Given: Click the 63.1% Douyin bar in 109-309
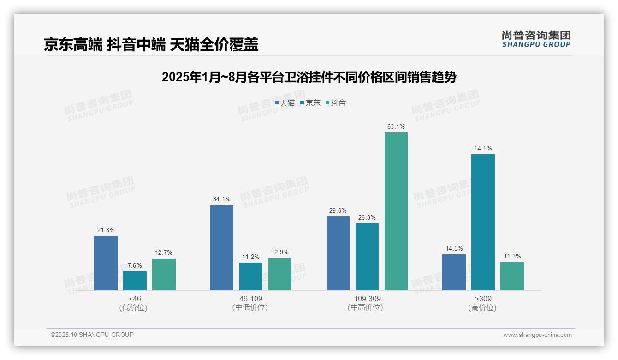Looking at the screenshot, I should click(396, 211).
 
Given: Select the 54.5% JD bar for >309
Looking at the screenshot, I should click(483, 222).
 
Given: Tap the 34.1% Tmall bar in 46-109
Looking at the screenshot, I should click(222, 248).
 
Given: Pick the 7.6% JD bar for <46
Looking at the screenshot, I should click(135, 281).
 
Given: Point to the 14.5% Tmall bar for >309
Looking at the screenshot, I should click(454, 272).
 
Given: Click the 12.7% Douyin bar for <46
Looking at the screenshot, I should click(164, 275).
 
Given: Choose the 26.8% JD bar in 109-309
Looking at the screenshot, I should click(367, 257).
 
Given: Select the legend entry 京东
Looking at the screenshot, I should click(310, 102).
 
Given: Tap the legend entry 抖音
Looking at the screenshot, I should click(336, 102).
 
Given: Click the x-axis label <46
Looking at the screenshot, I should click(135, 299).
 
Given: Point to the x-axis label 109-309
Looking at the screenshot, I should click(367, 299).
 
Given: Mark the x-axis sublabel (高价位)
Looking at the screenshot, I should click(482, 308).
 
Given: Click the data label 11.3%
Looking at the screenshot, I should click(512, 257).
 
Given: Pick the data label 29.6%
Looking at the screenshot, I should click(338, 210).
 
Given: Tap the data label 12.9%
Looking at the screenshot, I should click(280, 252).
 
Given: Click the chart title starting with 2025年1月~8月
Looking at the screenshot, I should click(309, 77).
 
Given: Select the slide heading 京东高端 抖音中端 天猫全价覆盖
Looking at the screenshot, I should click(151, 44).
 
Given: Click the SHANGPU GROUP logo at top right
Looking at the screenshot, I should click(536, 39).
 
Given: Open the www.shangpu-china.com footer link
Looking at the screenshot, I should click(537, 335).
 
